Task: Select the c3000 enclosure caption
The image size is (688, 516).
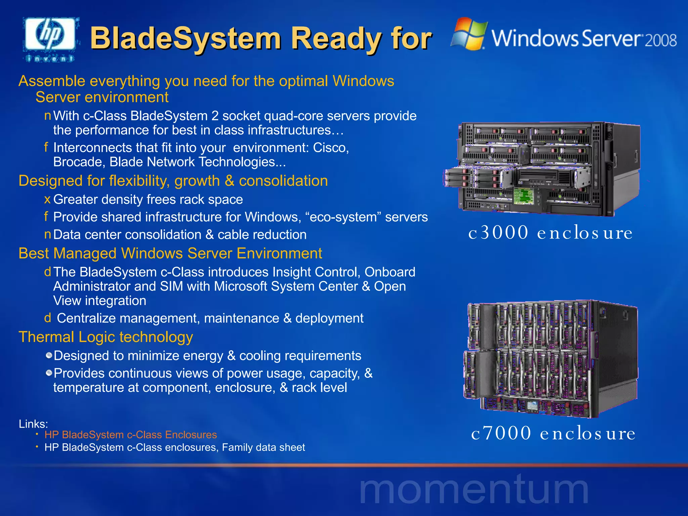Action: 550,233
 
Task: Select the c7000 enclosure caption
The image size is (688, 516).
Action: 553,433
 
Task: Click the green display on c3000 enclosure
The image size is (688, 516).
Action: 523,196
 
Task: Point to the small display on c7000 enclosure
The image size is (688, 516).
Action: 532,405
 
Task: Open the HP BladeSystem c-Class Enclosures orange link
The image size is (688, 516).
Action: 130,435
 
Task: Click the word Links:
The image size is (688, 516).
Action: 33,424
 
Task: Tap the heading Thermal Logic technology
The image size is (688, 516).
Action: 106,337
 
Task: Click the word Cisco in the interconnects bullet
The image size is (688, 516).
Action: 331,148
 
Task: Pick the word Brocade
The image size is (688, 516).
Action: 79,162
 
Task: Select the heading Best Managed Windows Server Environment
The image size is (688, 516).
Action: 170,253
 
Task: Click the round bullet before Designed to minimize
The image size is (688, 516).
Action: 49,355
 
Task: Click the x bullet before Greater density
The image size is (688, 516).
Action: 47,200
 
